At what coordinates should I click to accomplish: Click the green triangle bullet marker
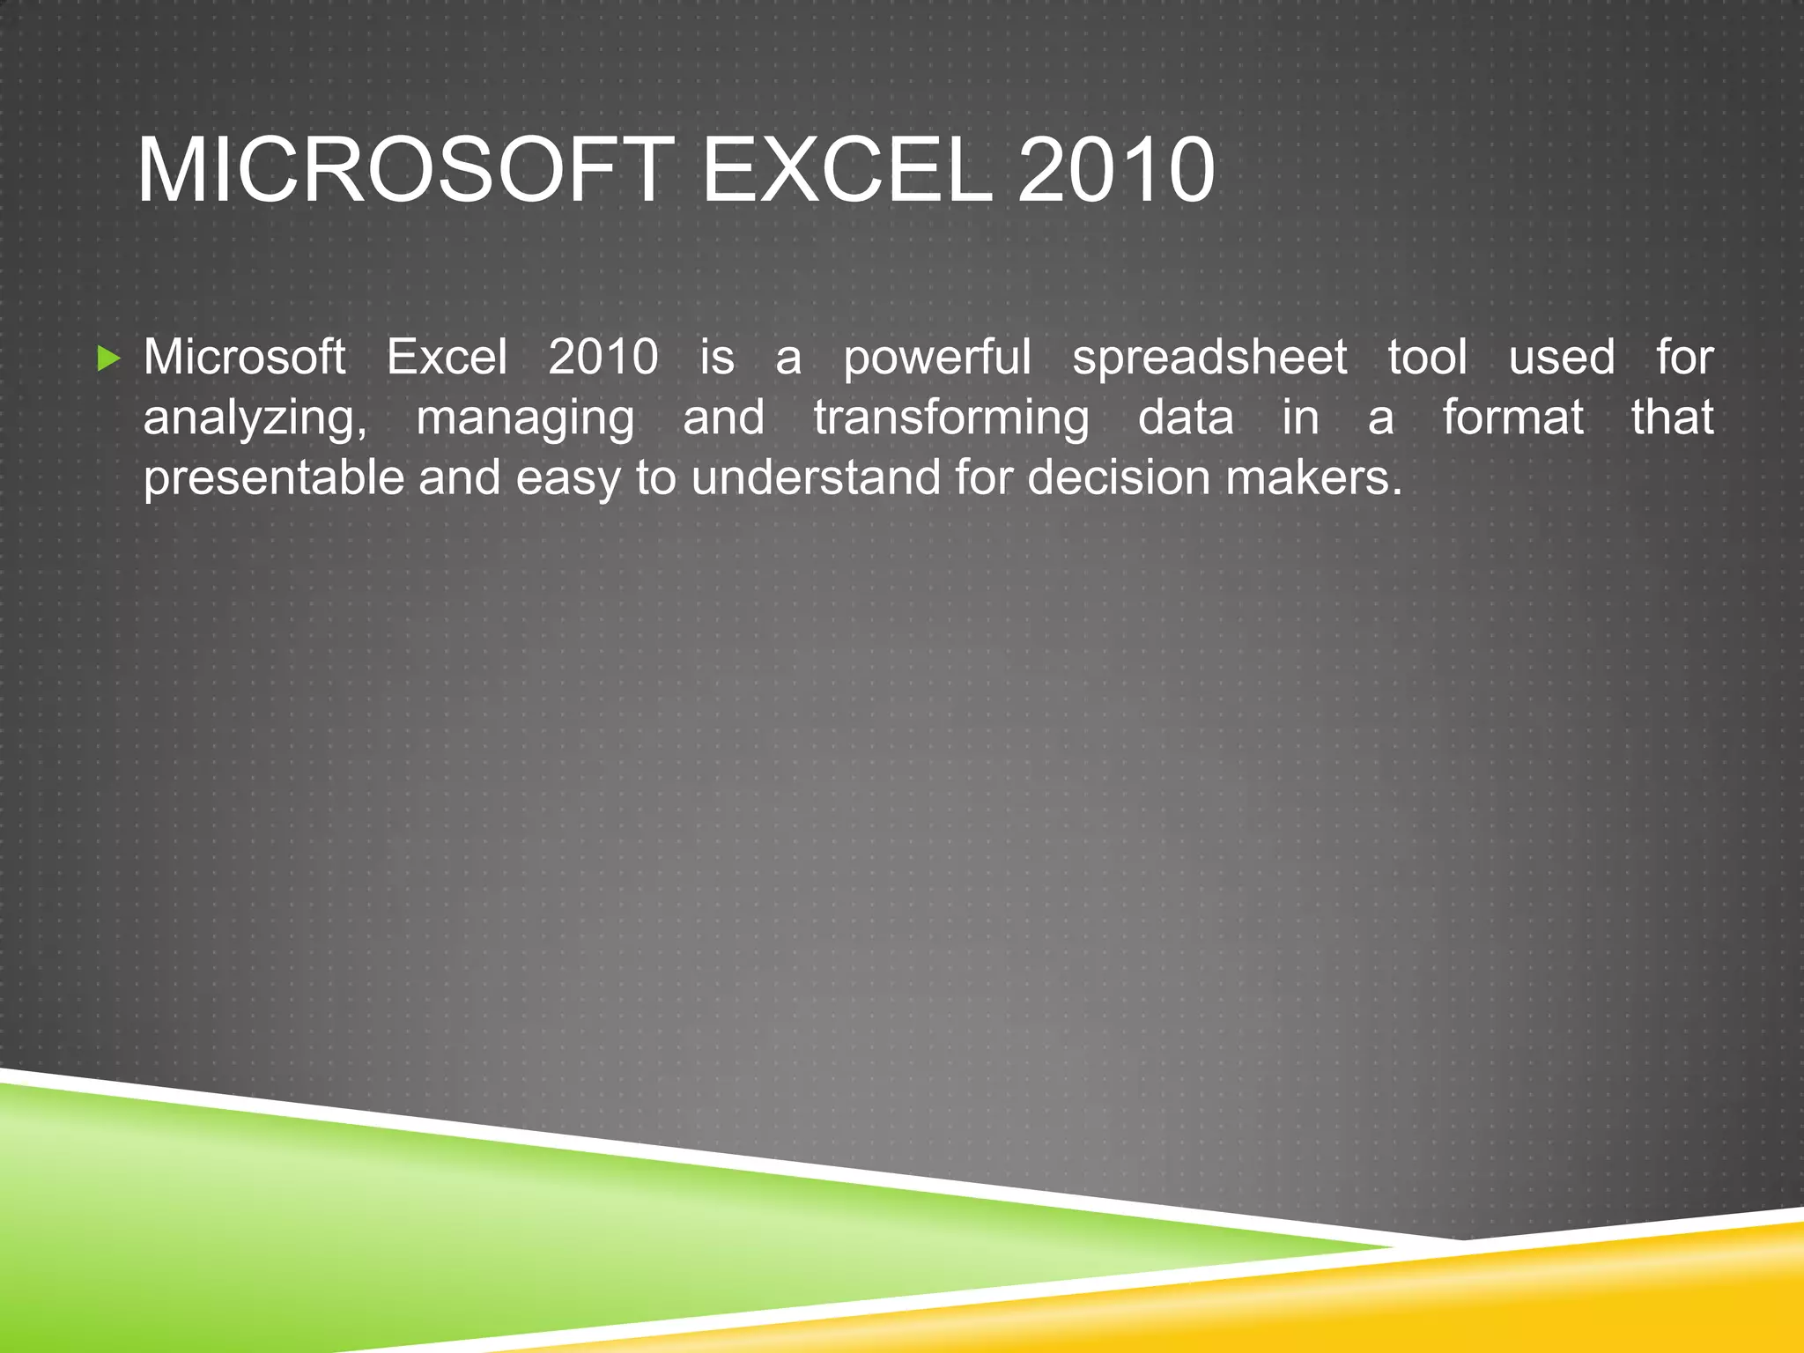coord(108,359)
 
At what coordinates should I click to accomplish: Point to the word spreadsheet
coord(1209,358)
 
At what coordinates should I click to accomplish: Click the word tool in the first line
coord(1427,358)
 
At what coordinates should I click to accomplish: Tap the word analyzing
coord(255,418)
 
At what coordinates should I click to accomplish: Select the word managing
coord(525,418)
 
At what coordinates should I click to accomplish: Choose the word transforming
coord(951,418)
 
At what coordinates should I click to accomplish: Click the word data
coord(1185,417)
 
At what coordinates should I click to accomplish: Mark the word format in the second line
coord(1512,417)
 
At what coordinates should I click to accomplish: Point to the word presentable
coord(274,479)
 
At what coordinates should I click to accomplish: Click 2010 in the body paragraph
coord(603,358)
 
